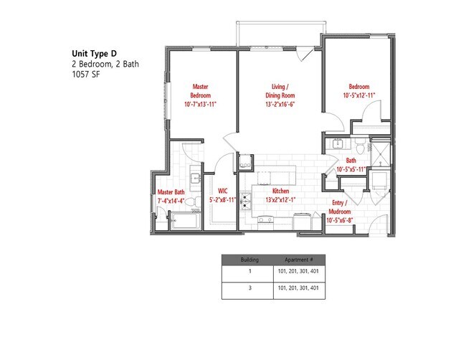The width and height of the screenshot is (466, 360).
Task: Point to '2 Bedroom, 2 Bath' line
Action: (x=105, y=63)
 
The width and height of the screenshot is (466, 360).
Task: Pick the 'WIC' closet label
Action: (x=222, y=191)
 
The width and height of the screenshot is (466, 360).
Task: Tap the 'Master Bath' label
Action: (x=171, y=191)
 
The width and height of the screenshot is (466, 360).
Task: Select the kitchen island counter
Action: (x=272, y=174)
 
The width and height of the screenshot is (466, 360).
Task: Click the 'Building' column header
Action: (x=249, y=259)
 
